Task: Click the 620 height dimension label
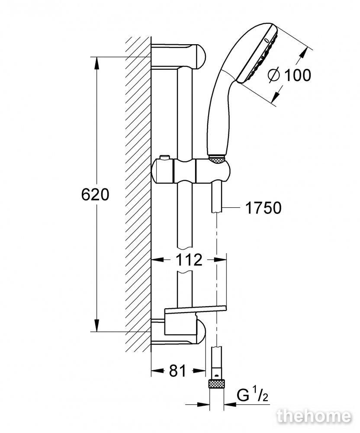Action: pos(95,194)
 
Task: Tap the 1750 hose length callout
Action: pos(263,208)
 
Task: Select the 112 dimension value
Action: pos(189,259)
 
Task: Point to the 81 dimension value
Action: pos(178,371)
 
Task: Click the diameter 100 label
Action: pos(289,75)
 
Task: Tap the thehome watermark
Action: pos(314,417)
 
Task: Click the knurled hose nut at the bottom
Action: pos(216,384)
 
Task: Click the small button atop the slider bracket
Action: pos(164,158)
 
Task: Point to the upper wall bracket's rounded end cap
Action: pos(200,57)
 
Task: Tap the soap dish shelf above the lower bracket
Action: pos(195,309)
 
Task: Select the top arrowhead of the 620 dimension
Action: pos(96,64)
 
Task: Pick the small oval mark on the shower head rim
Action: pos(266,41)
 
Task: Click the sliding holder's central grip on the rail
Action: pos(185,171)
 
